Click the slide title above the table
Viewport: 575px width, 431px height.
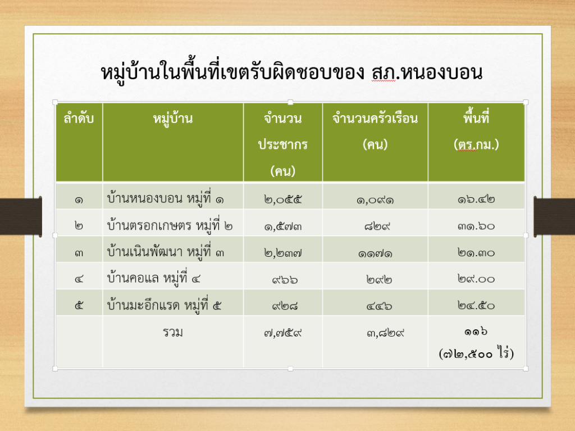coord(291,72)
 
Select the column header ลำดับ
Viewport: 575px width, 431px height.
coord(79,119)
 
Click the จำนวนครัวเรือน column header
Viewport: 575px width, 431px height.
coord(375,131)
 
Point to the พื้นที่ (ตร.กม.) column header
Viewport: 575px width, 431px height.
coord(476,131)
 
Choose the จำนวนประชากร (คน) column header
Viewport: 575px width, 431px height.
coord(283,144)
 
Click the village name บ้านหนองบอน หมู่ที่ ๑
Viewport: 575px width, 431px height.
coord(166,198)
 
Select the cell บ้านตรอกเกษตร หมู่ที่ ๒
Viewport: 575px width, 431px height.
coord(170,225)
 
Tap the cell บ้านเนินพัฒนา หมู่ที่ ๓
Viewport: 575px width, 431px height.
coord(166,252)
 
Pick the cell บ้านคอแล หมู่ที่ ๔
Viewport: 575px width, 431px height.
coord(154,278)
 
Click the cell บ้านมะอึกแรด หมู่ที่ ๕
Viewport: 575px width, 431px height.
coord(164,305)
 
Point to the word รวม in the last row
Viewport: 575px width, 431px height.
coord(173,332)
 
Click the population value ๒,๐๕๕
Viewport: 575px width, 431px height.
coord(283,199)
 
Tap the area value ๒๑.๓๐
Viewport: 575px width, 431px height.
coord(476,252)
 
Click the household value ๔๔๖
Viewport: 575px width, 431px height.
coord(379,306)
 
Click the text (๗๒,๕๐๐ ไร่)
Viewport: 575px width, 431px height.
coord(476,353)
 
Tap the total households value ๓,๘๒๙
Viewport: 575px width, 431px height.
coord(385,333)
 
